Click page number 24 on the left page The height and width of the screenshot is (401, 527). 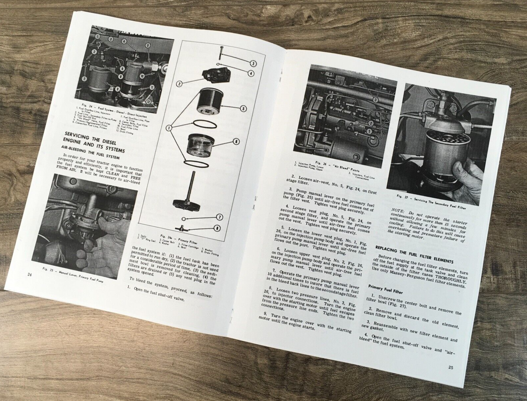pos(30,274)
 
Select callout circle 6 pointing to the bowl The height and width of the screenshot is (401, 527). pos(236,141)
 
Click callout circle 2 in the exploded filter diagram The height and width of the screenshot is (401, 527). pos(179,84)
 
